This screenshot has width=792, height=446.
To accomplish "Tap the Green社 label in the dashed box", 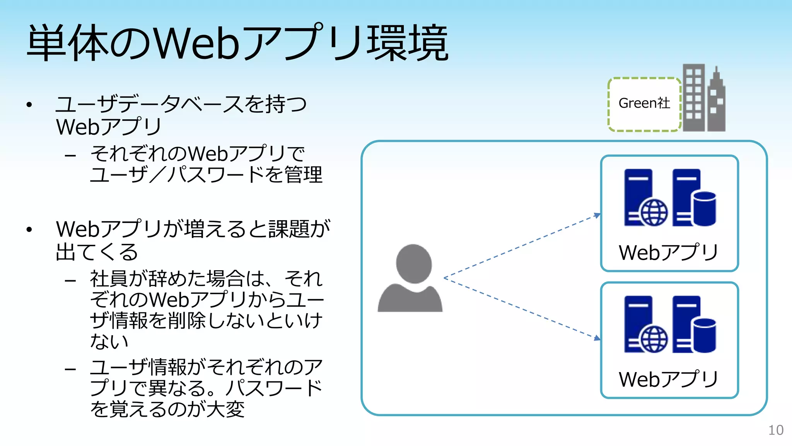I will (x=644, y=103).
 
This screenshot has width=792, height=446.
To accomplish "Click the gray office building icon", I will (x=703, y=98).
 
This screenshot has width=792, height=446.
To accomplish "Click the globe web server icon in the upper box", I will (x=645, y=198).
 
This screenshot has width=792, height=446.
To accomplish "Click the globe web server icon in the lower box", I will (x=645, y=324).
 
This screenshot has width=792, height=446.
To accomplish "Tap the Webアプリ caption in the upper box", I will (x=669, y=252).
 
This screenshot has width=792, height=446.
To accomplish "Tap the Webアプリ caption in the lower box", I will (x=669, y=379).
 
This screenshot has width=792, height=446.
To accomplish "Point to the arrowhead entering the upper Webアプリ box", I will (x=597, y=215).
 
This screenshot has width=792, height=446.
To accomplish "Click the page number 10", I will (x=775, y=430).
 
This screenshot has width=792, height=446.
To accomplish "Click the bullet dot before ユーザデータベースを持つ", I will (x=29, y=105).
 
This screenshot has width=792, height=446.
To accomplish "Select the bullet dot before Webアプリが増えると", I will (x=29, y=230).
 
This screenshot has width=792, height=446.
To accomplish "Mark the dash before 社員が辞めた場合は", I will (x=70, y=280).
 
